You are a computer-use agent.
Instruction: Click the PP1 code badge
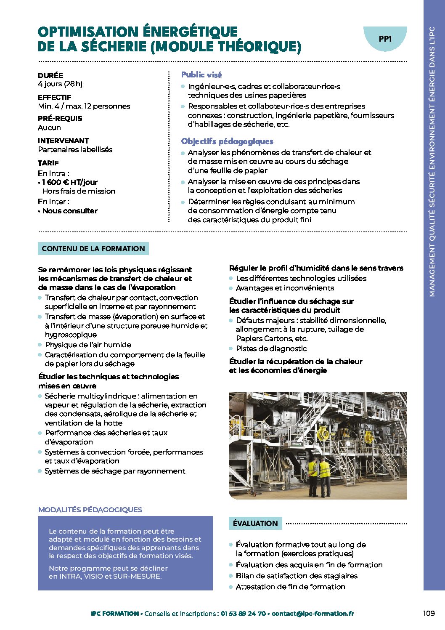[x=385, y=39]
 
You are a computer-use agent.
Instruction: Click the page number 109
[x=429, y=613]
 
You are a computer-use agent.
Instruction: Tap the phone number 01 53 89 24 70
[x=243, y=614]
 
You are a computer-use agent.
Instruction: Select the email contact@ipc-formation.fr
[x=313, y=614]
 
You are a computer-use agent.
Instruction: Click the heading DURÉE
[x=50, y=75]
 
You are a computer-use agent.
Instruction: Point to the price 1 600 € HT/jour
[x=70, y=182]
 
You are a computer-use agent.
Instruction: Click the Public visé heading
[x=201, y=75]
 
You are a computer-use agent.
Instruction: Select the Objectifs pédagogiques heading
[x=227, y=141]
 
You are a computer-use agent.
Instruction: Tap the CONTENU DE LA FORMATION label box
[x=93, y=249]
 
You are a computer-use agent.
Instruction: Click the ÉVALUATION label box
[x=255, y=524]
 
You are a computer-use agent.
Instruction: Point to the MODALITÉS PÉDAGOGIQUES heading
[x=90, y=510]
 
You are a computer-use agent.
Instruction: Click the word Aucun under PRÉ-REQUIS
[x=50, y=128]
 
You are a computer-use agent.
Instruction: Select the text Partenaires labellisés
[x=75, y=149]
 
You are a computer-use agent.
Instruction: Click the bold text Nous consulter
[x=70, y=211]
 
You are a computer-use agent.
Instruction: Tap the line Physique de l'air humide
[x=88, y=345]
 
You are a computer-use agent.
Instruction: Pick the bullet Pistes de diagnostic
[x=271, y=348]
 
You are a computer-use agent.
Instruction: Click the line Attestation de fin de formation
[x=290, y=587]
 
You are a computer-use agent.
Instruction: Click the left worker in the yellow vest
[x=313, y=471]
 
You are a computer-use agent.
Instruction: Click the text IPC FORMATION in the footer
[x=115, y=614]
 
